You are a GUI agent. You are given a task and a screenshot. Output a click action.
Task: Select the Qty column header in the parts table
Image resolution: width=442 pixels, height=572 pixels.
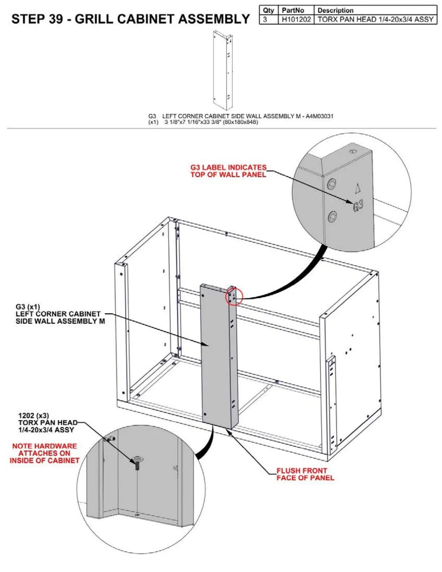268,10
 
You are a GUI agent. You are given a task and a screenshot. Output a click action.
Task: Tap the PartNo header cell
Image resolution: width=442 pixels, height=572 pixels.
293,10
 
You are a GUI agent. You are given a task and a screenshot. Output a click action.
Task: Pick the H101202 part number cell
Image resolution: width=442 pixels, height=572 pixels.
296,19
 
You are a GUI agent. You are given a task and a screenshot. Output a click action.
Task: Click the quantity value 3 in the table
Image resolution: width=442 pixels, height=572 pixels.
265,19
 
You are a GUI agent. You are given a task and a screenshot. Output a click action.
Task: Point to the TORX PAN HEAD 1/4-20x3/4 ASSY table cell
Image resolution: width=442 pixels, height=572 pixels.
375,19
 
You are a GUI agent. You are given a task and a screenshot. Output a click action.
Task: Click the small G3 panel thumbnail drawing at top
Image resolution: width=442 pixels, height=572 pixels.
222,70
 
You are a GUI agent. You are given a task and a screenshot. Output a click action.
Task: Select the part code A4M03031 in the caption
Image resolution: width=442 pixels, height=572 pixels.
319,116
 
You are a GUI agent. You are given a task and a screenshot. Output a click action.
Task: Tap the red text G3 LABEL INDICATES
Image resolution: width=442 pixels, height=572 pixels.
228,168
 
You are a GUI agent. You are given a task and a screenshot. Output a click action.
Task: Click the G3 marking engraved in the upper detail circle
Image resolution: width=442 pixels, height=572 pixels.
358,206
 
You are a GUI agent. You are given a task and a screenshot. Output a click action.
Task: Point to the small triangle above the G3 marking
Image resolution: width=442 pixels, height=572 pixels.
357,188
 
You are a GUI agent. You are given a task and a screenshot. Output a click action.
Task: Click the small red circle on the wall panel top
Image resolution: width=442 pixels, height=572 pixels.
234,297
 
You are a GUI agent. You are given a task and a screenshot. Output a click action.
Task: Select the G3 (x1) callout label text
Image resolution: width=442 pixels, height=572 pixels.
28,307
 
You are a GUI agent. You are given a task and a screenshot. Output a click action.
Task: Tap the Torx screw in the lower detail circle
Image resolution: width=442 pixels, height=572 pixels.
138,462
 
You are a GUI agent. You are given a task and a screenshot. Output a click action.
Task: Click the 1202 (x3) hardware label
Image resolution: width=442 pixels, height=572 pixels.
34,416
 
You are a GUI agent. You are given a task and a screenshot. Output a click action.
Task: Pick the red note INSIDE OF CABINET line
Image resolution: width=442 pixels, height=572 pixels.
44,460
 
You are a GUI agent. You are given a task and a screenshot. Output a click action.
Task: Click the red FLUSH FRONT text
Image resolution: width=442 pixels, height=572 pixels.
302,471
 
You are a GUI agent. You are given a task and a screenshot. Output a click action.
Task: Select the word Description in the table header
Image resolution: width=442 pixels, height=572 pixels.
335,10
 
